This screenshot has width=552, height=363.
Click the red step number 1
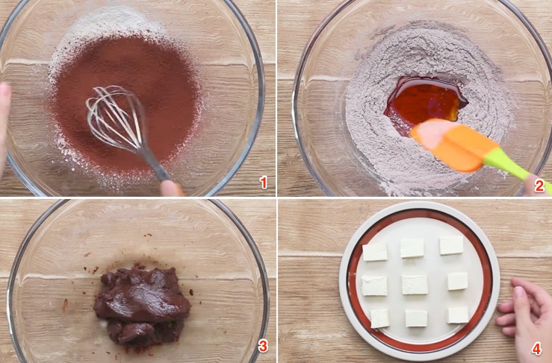[262, 182]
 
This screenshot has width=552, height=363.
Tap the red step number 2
[539, 186]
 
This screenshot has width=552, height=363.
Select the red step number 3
[262, 347]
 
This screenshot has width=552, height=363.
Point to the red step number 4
[536, 348]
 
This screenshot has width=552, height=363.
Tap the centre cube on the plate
[415, 285]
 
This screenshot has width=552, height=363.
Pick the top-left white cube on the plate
[375, 252]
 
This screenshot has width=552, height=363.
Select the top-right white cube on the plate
[451, 245]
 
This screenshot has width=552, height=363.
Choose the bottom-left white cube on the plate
[379, 318]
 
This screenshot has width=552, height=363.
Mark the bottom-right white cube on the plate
[458, 315]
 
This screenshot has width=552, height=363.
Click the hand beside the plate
[528, 313]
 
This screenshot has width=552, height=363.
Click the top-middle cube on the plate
[412, 248]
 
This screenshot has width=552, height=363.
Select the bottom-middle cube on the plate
[416, 318]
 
